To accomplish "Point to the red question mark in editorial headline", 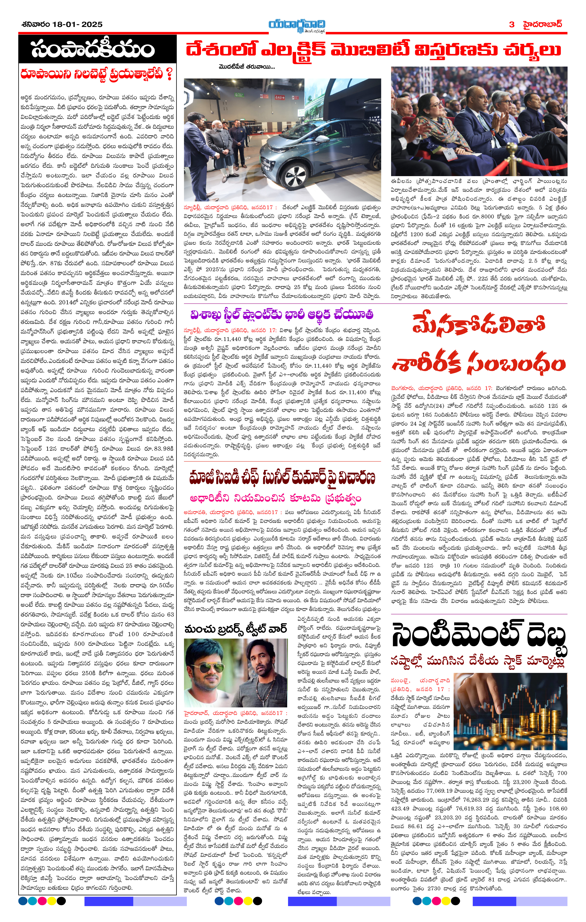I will pos(169,74).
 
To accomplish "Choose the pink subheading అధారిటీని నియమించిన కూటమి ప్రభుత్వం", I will pos(275,498).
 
